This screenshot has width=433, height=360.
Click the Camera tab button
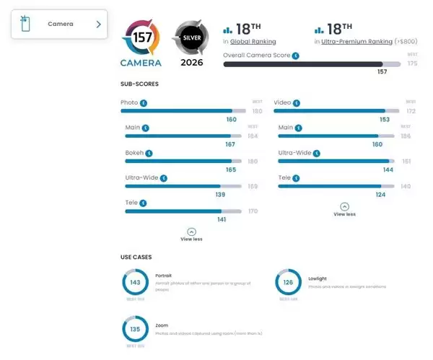click(59, 25)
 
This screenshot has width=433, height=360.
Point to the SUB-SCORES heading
click(139, 84)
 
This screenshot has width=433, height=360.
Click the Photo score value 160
click(231, 119)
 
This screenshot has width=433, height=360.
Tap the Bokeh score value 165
click(231, 170)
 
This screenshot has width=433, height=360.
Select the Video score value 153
click(384, 119)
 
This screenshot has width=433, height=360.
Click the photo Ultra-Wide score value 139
click(220, 195)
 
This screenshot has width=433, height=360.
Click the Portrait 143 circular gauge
click(134, 283)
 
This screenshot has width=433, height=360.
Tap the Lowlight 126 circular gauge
click(289, 283)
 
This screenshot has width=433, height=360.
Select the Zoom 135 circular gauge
click(134, 330)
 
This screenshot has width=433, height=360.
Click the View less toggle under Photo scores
click(191, 234)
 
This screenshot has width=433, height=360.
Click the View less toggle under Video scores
click(344, 209)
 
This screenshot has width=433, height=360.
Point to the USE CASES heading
click(136, 257)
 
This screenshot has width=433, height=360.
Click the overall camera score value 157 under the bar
click(382, 72)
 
